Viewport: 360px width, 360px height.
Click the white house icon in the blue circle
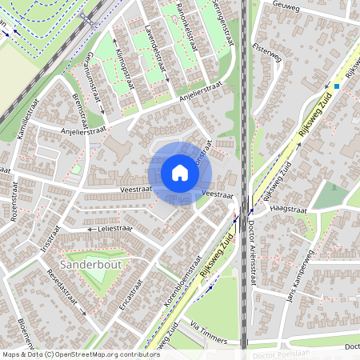[180, 173]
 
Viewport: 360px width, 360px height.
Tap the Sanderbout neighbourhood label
[87, 262]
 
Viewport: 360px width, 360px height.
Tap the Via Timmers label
[210, 334]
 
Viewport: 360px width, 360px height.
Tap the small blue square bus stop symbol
[337, 86]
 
